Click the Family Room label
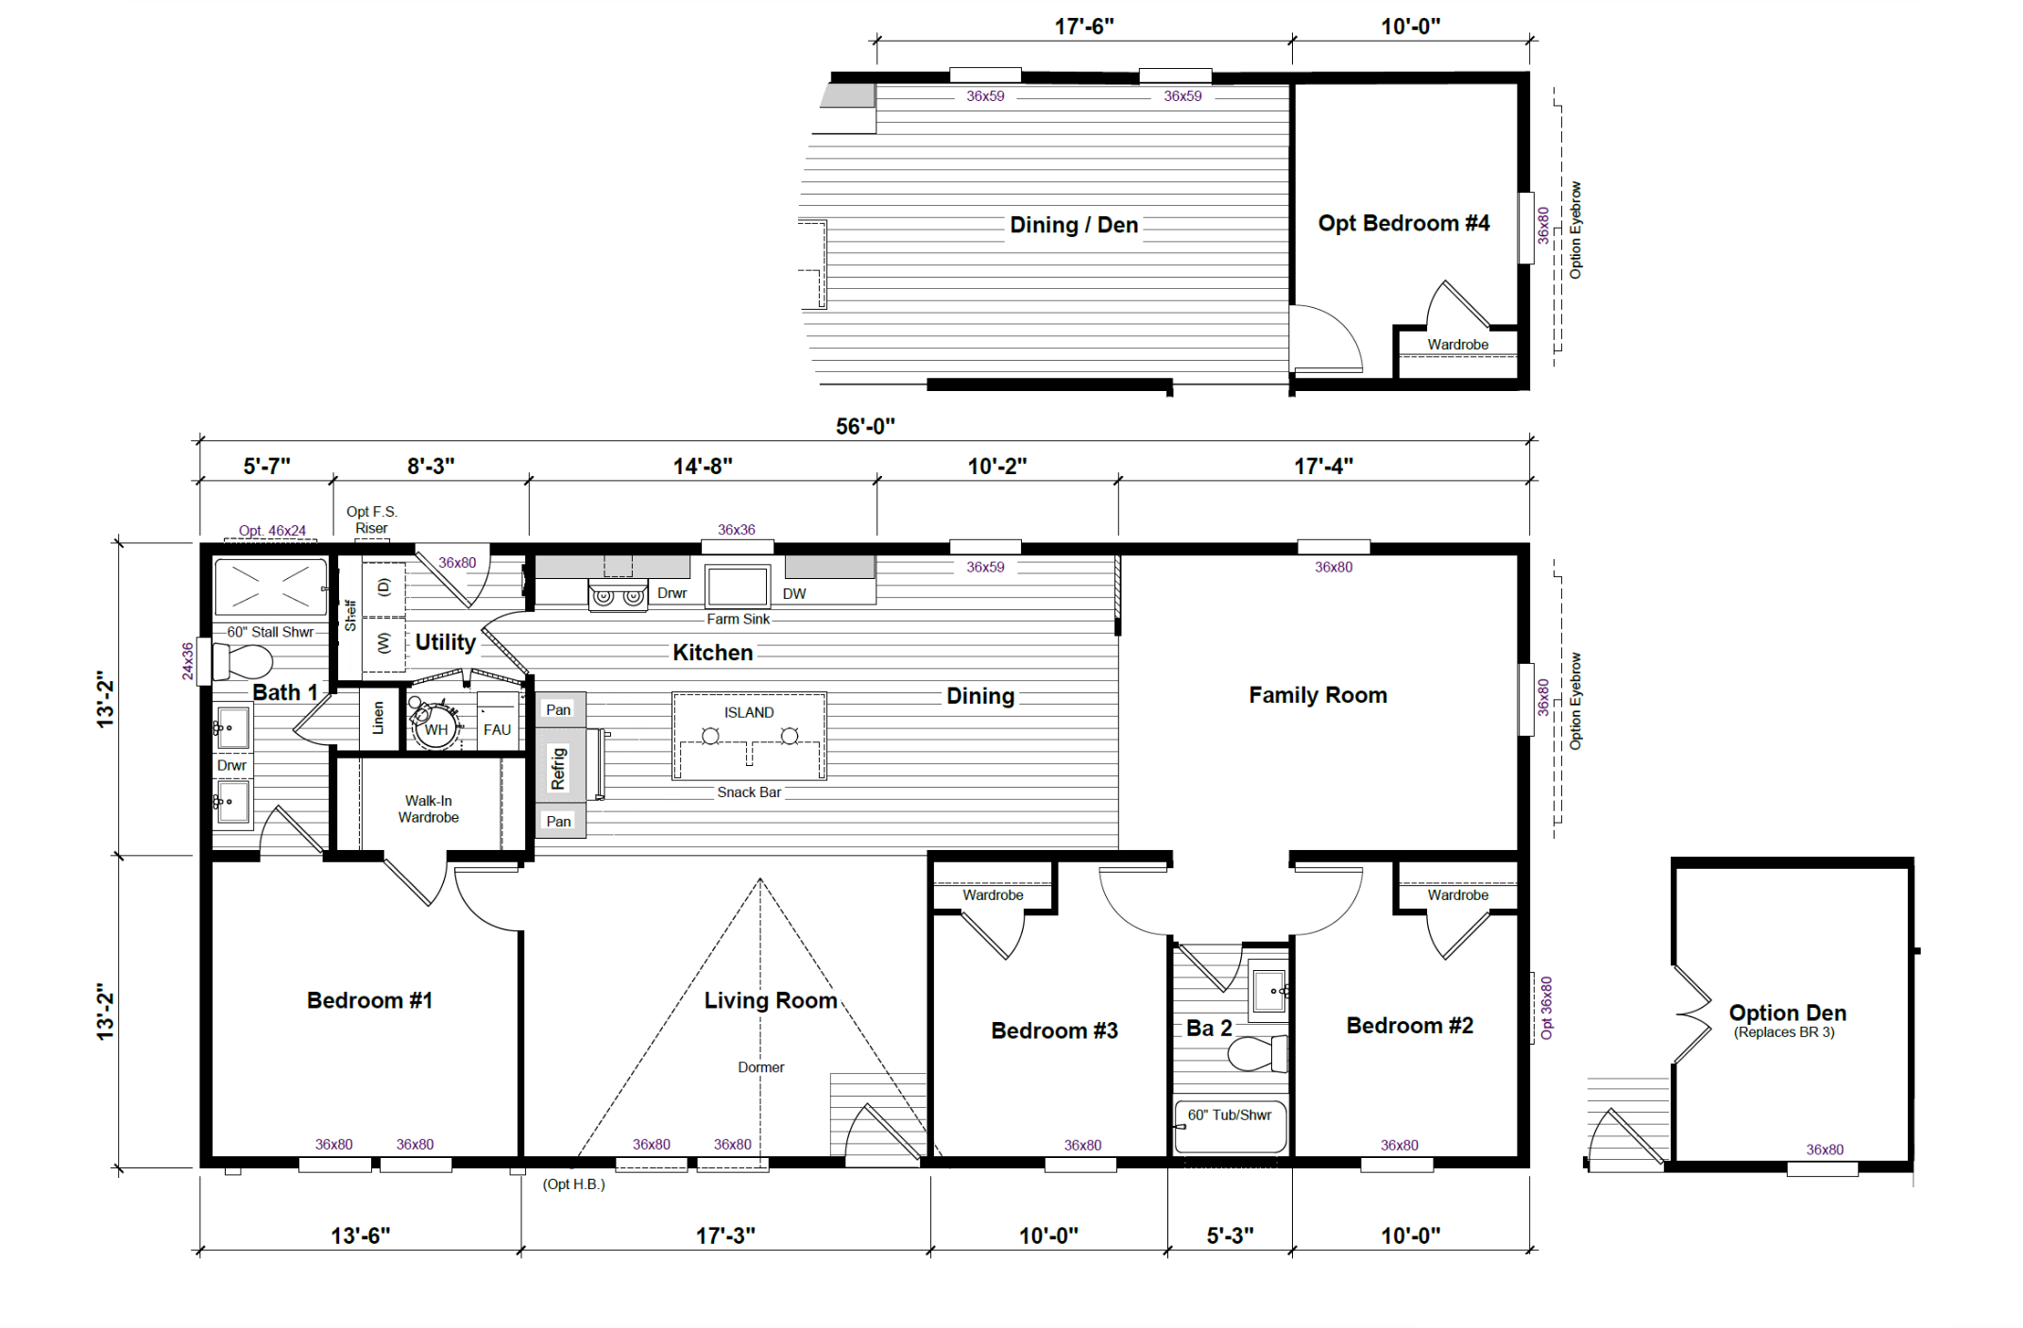coord(1317,695)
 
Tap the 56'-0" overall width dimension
coord(865,426)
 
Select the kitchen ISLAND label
coord(749,712)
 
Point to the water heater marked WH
coord(435,724)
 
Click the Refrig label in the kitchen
coord(558,768)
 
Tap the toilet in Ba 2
coord(1257,1053)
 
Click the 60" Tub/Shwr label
coord(1230,1115)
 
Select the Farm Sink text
coord(739,619)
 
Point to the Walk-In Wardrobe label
coord(429,809)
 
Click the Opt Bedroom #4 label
coord(1403,223)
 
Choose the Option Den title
coord(1787,1013)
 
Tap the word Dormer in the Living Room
coord(761,1067)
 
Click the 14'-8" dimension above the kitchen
coord(703,466)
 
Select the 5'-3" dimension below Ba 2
coord(1230,1235)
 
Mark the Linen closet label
coord(379,718)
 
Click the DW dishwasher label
coord(794,593)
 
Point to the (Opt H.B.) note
coord(573,1184)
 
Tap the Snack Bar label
coord(749,792)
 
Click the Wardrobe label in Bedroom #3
coord(993,894)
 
